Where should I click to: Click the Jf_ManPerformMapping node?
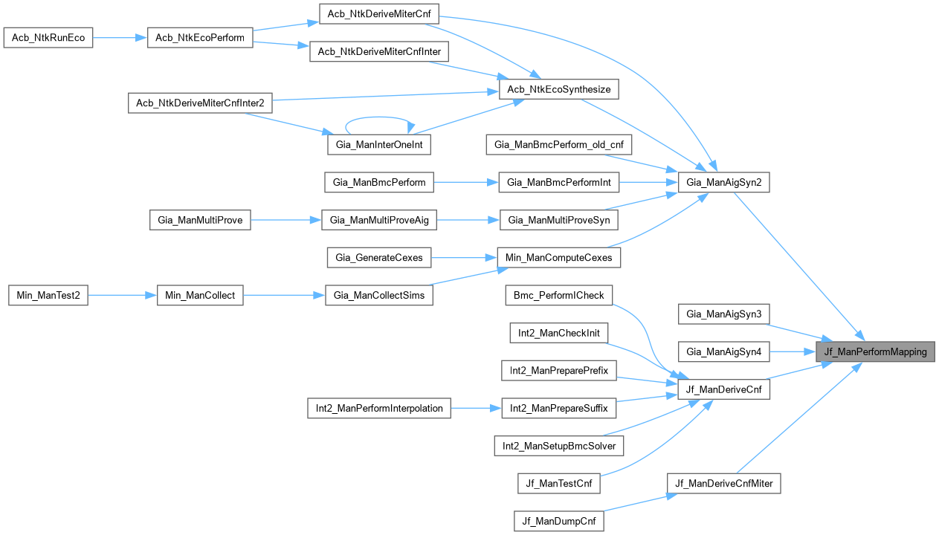[x=875, y=351]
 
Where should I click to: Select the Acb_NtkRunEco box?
[x=48, y=38]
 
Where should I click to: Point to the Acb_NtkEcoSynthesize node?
[x=558, y=90]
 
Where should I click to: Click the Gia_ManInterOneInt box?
[x=379, y=145]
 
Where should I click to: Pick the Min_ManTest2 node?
[x=48, y=295]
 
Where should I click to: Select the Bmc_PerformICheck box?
[x=558, y=295]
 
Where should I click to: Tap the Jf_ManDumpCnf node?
[x=558, y=521]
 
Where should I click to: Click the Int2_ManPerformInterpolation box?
[x=379, y=408]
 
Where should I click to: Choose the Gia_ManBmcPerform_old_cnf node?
[x=558, y=145]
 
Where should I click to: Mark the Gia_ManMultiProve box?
[x=200, y=219]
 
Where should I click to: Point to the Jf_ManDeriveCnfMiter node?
[x=723, y=484]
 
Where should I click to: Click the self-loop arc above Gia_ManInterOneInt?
[x=379, y=117]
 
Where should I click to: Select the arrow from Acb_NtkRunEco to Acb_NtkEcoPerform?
[x=120, y=38]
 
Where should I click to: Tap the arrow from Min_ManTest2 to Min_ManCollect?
[x=123, y=295]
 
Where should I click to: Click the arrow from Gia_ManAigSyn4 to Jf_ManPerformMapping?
[x=793, y=351]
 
